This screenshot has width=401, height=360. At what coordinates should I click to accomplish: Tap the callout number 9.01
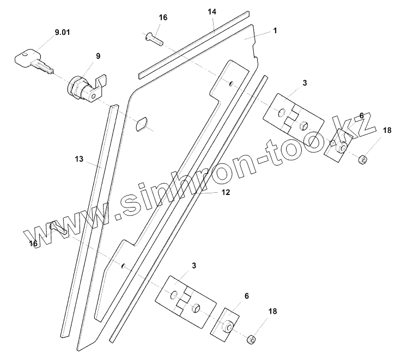coord(62,34)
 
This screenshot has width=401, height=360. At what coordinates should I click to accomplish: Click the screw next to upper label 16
coord(154,38)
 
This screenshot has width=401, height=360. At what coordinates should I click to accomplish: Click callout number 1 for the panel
coord(275,30)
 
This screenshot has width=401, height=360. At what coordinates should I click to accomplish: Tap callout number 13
coord(80,159)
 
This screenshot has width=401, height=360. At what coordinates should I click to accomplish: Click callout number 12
coord(225,192)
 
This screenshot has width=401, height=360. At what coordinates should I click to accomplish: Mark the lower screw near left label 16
coord(59,228)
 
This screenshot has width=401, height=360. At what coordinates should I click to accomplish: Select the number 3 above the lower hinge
coord(194,265)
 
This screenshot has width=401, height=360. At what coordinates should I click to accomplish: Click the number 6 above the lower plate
coord(247,296)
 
